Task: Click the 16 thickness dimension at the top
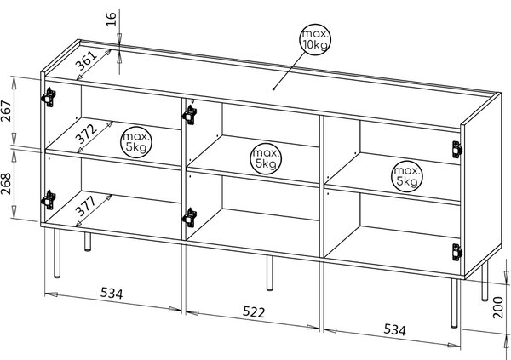pos(112,20)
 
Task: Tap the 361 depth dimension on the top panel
pos(86,61)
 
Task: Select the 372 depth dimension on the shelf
pos(86,134)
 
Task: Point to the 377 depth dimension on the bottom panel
pos(86,206)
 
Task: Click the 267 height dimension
pos(6,111)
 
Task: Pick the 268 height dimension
pos(6,184)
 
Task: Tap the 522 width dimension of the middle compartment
pos(254,312)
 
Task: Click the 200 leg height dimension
pos(498,307)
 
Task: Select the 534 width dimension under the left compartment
pos(112,294)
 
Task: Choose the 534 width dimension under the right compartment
pos(395,329)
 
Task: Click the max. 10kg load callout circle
pos(315,40)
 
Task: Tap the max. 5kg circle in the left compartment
pos(136,142)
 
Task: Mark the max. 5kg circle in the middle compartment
pos(266,158)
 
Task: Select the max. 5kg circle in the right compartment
pos(407,176)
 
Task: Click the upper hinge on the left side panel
pos(49,97)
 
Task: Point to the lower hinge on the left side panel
pos(49,200)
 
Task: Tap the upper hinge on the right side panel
pos(457,150)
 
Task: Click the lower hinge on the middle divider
pos(190,218)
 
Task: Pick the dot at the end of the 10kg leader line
pos(273,89)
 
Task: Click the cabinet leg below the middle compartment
pos(270,273)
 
